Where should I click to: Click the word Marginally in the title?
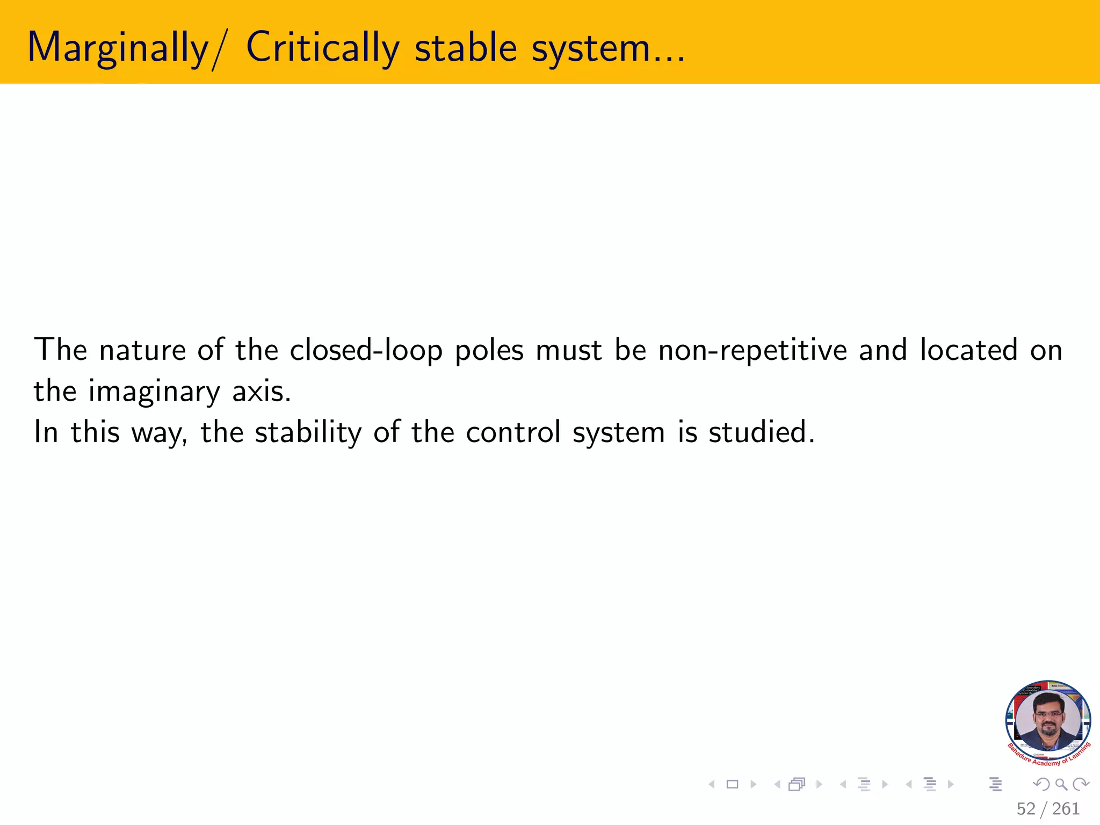click(x=118, y=48)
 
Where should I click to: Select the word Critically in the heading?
click(x=323, y=48)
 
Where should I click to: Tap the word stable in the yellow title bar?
click(x=466, y=48)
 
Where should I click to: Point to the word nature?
click(x=142, y=350)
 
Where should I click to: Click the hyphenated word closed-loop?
click(x=366, y=350)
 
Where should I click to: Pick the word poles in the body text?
click(x=489, y=350)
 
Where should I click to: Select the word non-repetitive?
click(x=752, y=350)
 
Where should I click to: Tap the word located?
click(x=969, y=350)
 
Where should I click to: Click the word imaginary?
click(x=154, y=391)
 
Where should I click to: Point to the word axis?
click(x=261, y=391)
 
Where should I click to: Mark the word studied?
click(x=761, y=432)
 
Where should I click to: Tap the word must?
click(x=569, y=350)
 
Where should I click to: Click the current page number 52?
click(x=1026, y=809)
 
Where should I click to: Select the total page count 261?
click(x=1066, y=809)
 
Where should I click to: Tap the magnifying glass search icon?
click(x=1061, y=784)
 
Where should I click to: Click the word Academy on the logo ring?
click(x=1046, y=763)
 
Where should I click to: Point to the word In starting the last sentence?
click(x=46, y=432)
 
